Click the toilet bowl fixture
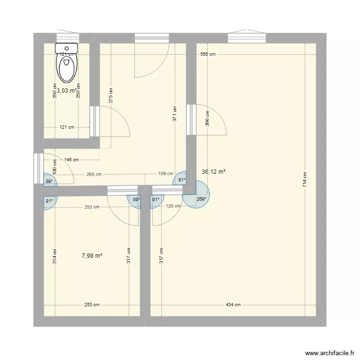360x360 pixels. pos(67,65)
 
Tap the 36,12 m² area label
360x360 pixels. pos(214,171)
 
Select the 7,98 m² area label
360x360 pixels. pos(92,256)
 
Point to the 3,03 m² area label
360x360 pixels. pos(67,90)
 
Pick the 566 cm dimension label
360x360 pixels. pos(208,54)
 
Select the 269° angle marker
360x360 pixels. pos(201,199)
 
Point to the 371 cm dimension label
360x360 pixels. pos(175,114)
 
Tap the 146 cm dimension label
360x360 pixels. pos(72,160)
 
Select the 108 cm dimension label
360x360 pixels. pos(166,174)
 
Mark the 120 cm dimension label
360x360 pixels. pos(173,206)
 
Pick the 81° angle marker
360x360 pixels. pos(49,202)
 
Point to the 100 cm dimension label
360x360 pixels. pos(55,166)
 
